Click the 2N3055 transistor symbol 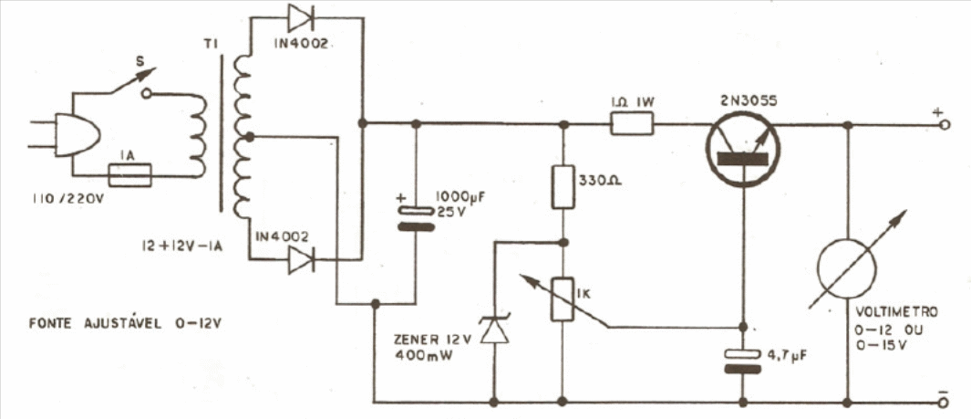click(743, 149)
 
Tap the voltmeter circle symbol click(846, 267)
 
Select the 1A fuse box click(130, 175)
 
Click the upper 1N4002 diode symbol click(302, 19)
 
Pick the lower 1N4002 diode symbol click(302, 259)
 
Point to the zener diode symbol click(495, 330)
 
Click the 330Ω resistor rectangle click(563, 186)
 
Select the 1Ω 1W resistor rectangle click(632, 124)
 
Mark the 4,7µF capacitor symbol click(743, 362)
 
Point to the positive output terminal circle click(943, 125)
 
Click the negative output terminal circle click(943, 403)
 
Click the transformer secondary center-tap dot click(249, 136)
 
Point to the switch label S click(140, 62)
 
